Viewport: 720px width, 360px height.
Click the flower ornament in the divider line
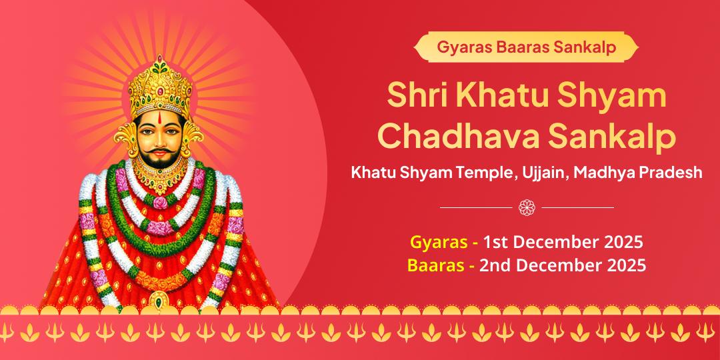tap(527, 207)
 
